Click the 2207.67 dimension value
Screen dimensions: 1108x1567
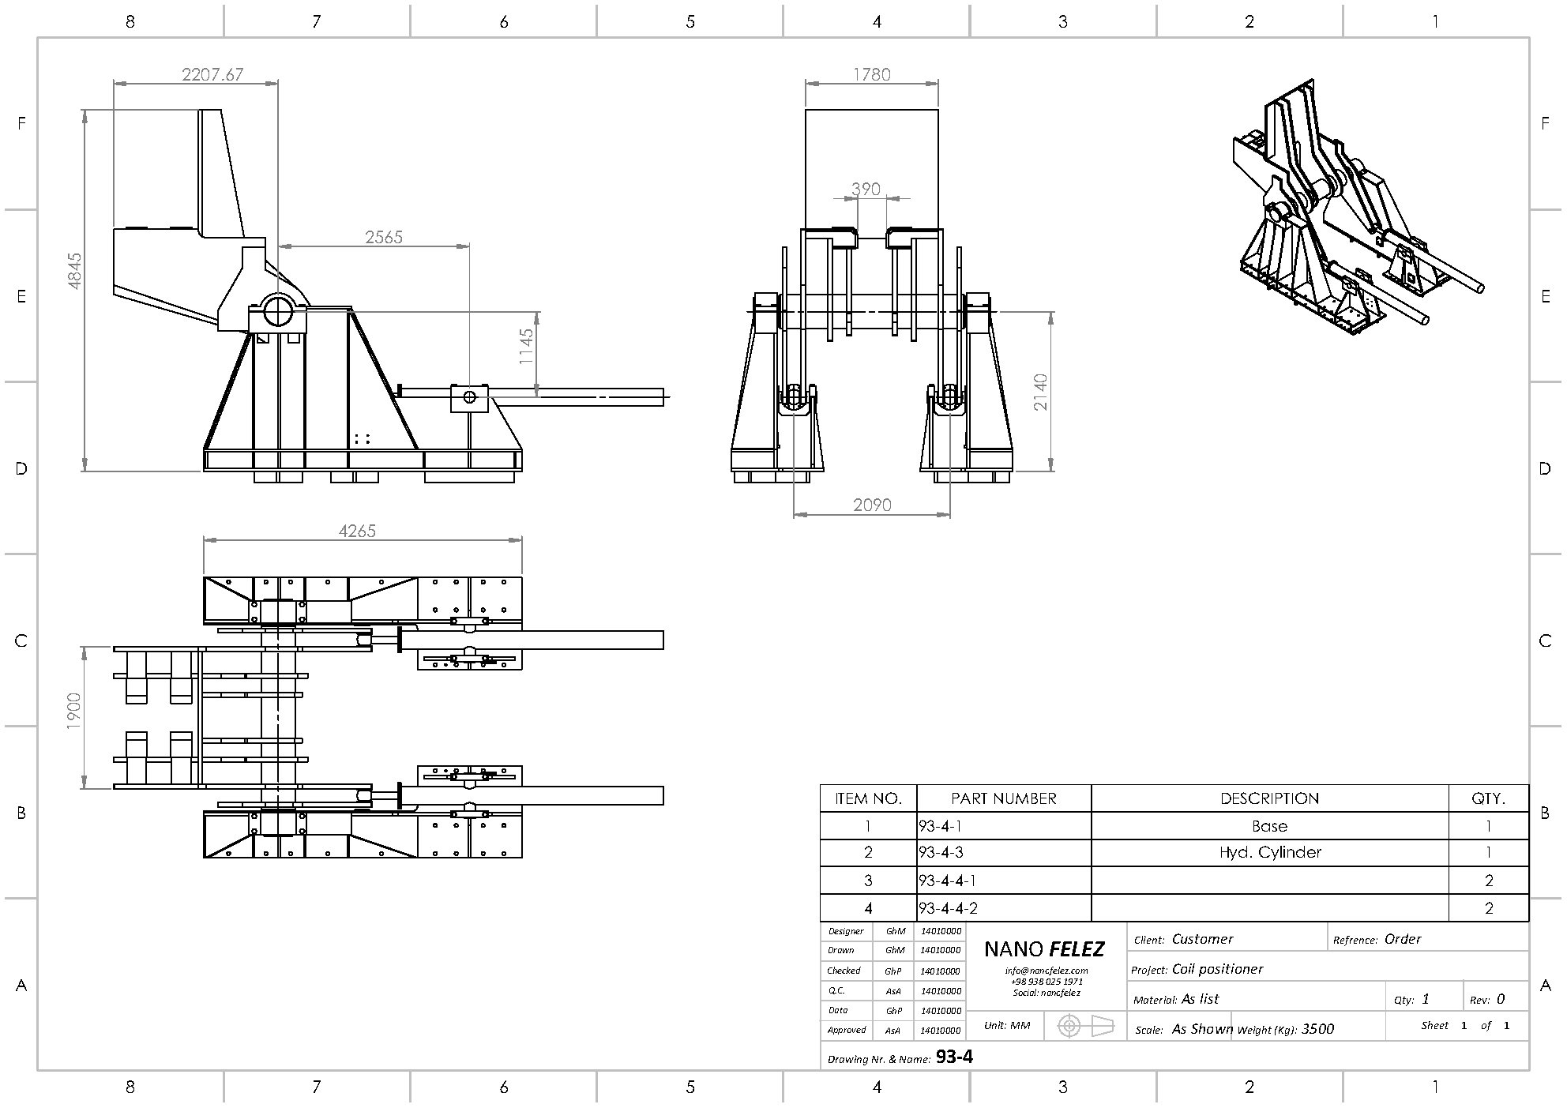coord(212,75)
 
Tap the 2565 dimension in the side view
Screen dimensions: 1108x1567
coord(384,237)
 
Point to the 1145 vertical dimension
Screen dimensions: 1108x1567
coord(527,346)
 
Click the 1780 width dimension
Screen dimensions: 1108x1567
coord(872,75)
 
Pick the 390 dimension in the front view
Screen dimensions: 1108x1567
coord(866,190)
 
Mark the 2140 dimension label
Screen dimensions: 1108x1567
coord(1041,392)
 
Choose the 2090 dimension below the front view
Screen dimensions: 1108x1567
coord(872,505)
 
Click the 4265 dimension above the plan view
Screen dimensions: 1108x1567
coord(357,531)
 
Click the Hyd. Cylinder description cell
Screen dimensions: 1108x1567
coord(1269,853)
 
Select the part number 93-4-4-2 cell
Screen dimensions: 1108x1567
coord(949,909)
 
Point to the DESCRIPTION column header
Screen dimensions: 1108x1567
coord(1269,798)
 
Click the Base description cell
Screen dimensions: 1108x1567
coord(1269,827)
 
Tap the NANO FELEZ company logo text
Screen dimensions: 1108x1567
coord(1044,949)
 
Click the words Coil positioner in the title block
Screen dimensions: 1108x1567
coord(1217,969)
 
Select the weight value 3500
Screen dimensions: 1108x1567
coord(1317,1029)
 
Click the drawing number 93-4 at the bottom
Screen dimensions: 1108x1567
coord(954,1057)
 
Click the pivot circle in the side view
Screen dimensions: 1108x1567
coord(278,310)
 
